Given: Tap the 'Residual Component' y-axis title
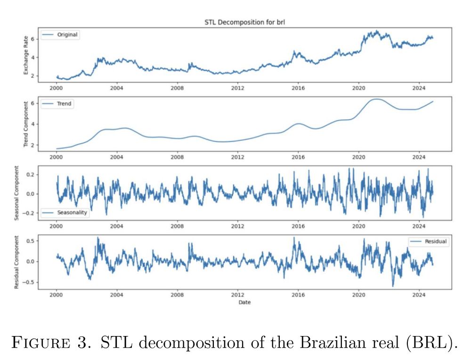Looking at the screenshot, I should tap(19, 261).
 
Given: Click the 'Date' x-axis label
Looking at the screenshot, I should tap(244, 303).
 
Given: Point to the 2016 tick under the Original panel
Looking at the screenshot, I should tap(298, 88).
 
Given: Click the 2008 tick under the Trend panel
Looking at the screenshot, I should tap(177, 157).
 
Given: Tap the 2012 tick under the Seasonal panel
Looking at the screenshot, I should tap(237, 226).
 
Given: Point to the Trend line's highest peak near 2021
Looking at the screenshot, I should tap(377, 99).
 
